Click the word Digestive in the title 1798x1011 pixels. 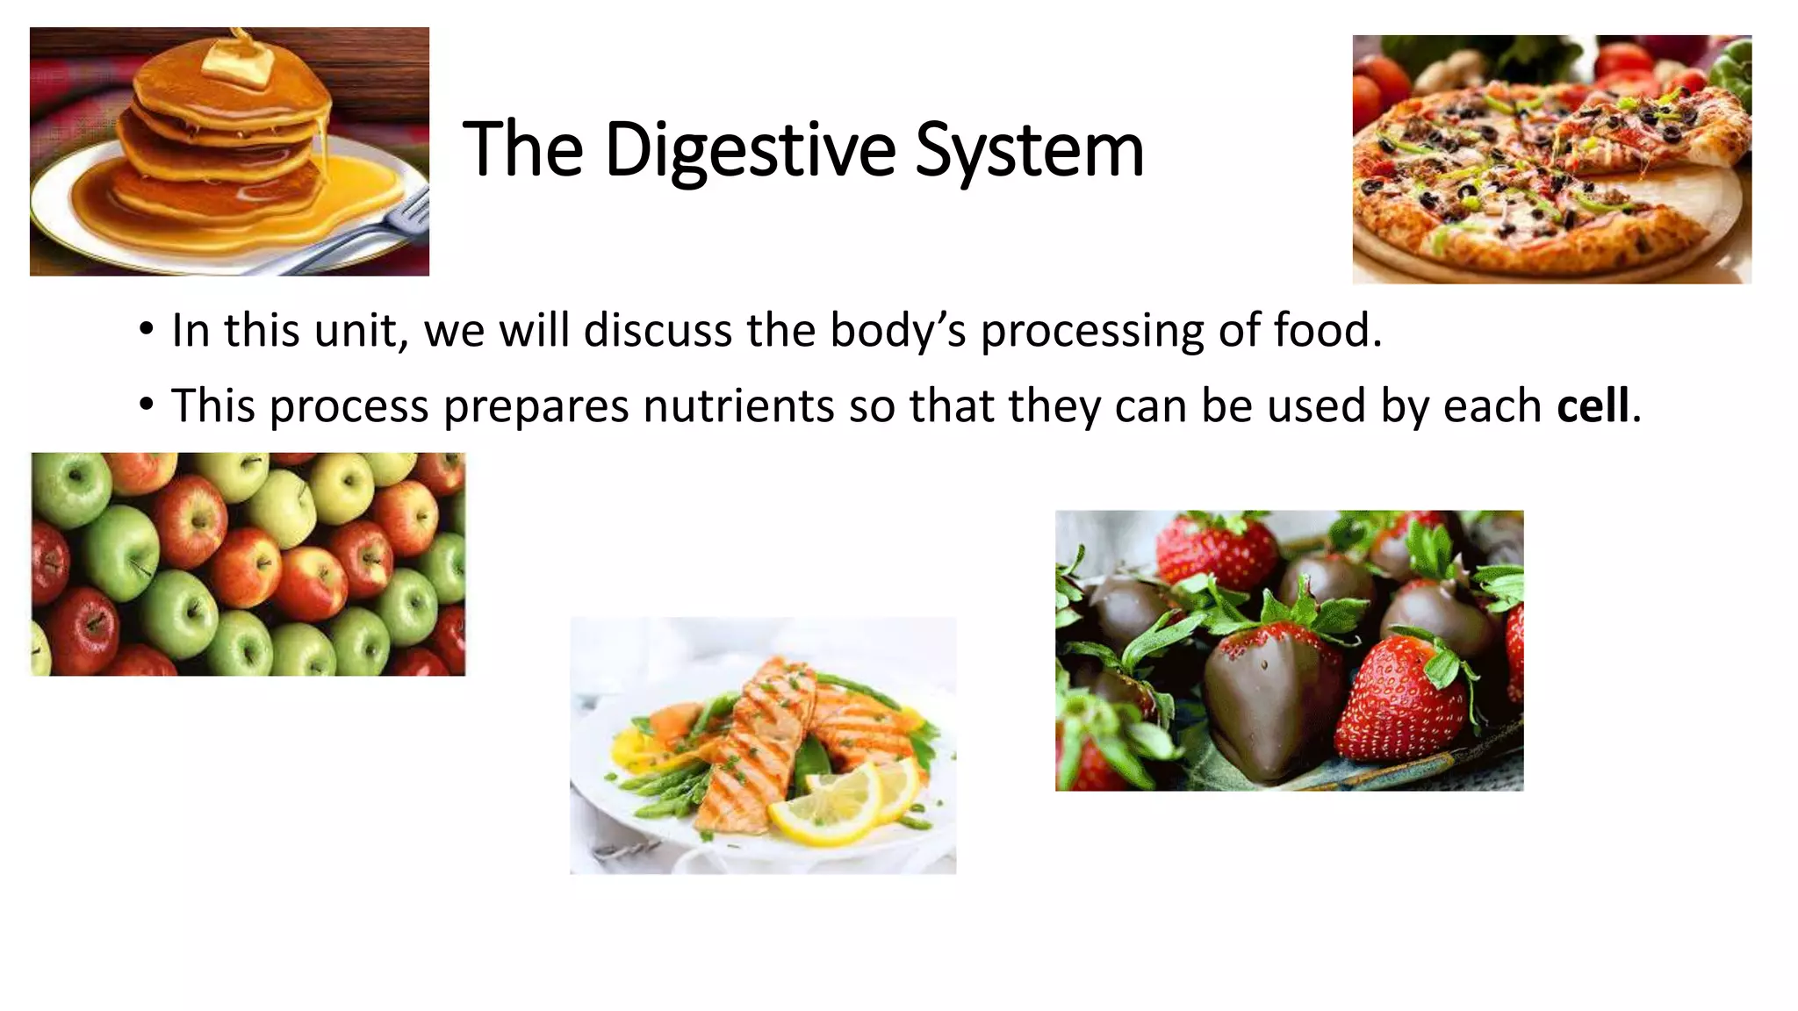point(750,151)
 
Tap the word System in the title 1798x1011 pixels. point(1029,151)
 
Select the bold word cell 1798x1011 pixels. point(1593,406)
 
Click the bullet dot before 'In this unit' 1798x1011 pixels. point(147,331)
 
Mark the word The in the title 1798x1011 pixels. point(523,151)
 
